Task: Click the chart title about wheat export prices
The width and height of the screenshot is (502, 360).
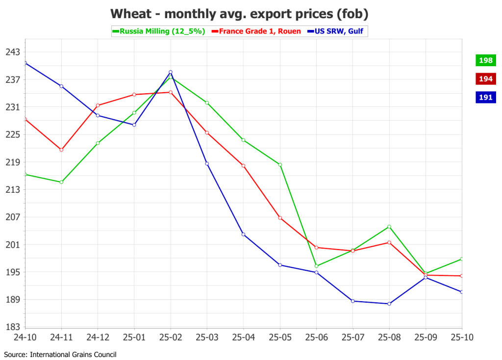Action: [239, 14]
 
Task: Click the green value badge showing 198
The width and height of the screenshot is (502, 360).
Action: [485, 60]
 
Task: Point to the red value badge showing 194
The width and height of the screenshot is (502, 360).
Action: [485, 79]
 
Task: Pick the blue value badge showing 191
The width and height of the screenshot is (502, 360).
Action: [485, 97]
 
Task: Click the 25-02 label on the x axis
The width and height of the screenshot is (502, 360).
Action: [171, 337]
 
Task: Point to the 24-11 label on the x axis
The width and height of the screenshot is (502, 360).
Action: [61, 337]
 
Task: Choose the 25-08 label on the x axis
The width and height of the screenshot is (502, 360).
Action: [389, 337]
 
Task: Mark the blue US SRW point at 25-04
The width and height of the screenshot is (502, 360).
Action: [243, 234]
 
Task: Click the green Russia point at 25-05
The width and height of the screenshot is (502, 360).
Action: [280, 164]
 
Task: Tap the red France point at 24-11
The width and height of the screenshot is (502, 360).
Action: [61, 150]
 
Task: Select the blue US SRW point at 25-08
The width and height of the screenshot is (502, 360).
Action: [389, 304]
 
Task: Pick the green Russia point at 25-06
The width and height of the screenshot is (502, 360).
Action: [316, 266]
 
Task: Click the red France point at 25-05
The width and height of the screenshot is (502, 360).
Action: [280, 218]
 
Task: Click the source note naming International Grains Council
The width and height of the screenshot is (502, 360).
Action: [60, 354]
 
